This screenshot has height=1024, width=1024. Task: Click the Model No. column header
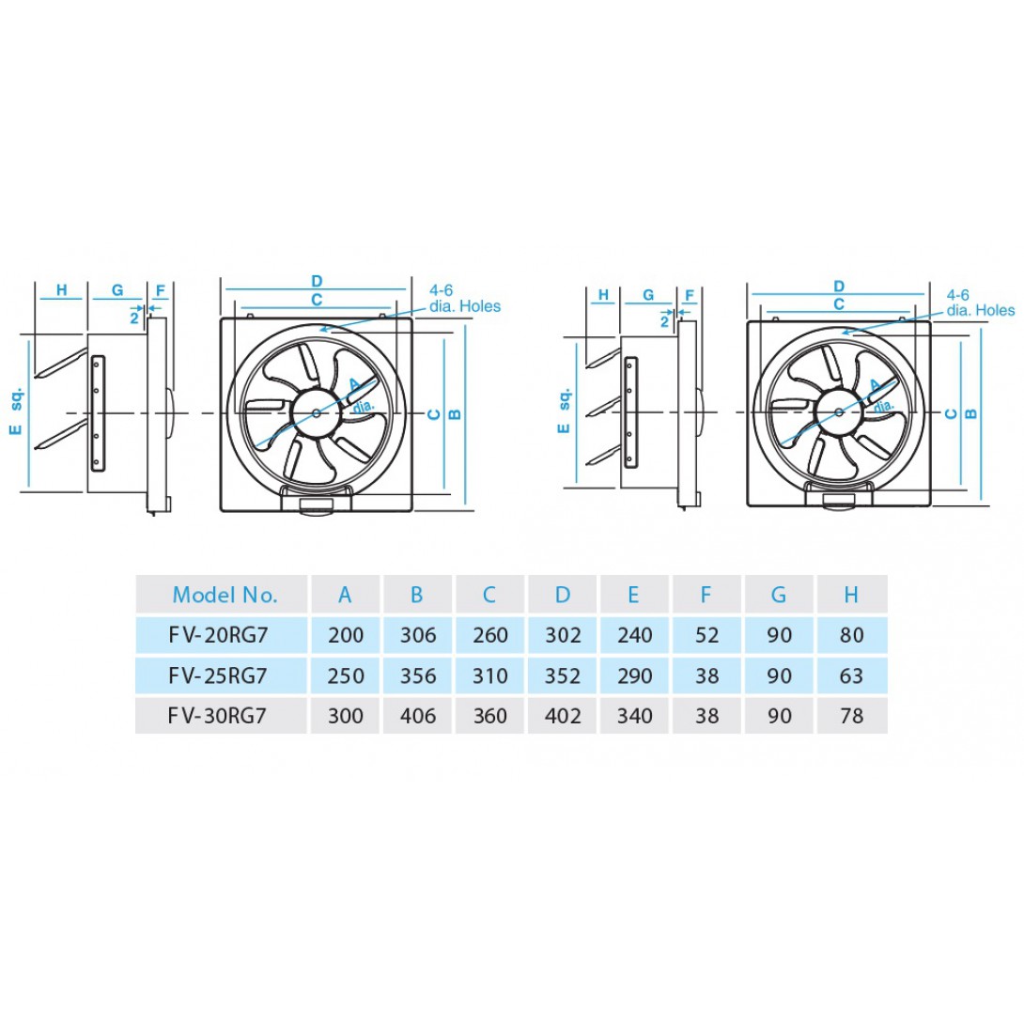tap(225, 595)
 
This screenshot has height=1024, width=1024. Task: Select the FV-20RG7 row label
tap(218, 635)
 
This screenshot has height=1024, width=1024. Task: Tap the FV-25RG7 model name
tap(218, 675)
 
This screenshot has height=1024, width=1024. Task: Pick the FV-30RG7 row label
tap(217, 716)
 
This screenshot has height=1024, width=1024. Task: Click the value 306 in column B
tap(418, 635)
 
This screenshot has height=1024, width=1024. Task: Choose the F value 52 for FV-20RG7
tap(706, 635)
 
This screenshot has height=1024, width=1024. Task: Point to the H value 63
tap(851, 675)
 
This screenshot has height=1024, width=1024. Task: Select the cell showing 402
tap(563, 716)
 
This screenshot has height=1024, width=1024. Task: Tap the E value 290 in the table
tap(635, 675)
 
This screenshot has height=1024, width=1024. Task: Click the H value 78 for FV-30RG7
tap(851, 716)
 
